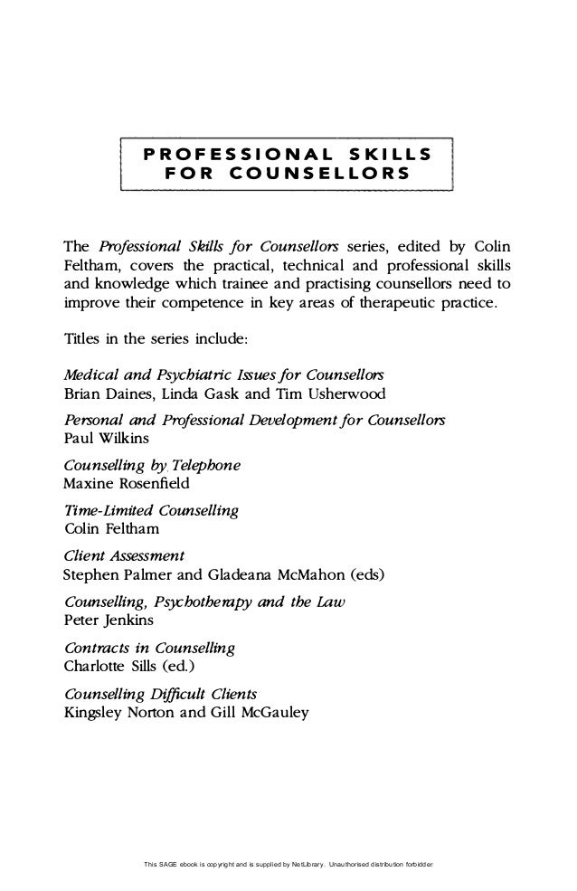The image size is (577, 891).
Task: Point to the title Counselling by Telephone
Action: pos(153,465)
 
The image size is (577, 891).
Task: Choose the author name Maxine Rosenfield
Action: pos(128,484)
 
